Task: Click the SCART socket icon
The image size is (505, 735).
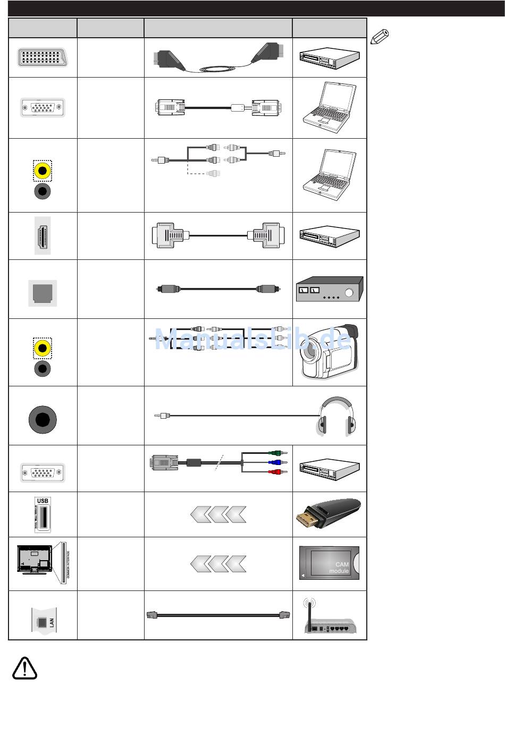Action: pos(42,57)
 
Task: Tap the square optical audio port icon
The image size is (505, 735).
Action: pos(43,293)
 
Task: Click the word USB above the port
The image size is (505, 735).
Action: pos(43,501)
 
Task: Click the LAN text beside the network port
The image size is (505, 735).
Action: pos(52,622)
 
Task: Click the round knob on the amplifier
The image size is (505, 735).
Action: pos(349,292)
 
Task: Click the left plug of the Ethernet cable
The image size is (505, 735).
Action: pos(151,615)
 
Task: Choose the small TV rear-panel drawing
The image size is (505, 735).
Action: pos(35,559)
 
